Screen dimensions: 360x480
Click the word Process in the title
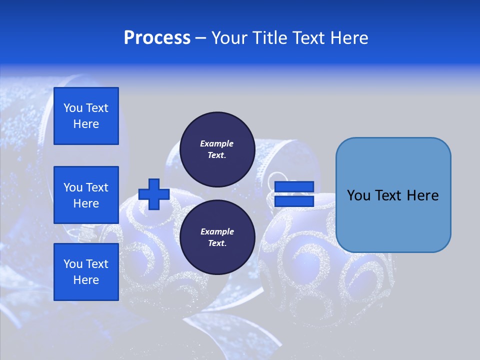(x=156, y=38)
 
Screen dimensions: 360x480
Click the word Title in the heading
(x=268, y=38)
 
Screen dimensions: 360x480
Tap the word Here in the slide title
(x=349, y=38)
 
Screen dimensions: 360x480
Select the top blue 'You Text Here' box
(x=86, y=116)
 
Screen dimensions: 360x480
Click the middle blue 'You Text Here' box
(x=86, y=195)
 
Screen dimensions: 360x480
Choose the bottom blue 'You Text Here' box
(x=86, y=272)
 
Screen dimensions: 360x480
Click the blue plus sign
(x=154, y=194)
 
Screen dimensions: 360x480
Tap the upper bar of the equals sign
(x=294, y=187)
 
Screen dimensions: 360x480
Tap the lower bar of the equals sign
(x=294, y=201)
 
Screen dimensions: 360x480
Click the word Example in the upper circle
(x=217, y=143)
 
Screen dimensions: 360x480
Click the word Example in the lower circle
(x=217, y=231)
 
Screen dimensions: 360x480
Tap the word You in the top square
(x=73, y=108)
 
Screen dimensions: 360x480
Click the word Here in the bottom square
(x=86, y=280)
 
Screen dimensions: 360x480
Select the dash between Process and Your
(x=200, y=38)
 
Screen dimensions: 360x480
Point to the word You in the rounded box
(x=358, y=195)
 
